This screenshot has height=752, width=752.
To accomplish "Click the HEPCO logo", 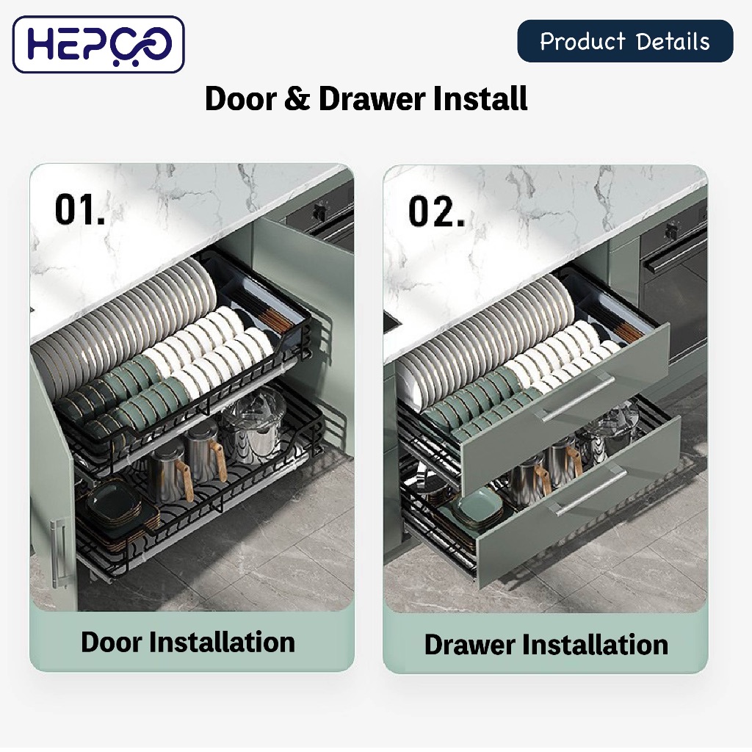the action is pos(98,44).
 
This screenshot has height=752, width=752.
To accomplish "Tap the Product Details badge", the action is pos(625,41).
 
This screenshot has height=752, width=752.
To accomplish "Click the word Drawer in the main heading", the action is pos(372,99).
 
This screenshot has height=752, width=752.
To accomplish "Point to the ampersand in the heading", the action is pos(297,99).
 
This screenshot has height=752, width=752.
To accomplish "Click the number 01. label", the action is pos(79,209).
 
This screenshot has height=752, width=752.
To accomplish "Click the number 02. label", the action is pos(436,211).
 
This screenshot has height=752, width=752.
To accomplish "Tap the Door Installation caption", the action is pos(187,642).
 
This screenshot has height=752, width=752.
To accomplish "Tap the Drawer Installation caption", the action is pos(546,644).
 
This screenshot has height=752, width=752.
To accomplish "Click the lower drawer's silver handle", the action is pos(590,492).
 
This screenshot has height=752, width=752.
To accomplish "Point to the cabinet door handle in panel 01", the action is pos(59,553).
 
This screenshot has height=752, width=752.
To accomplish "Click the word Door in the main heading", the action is pos(241,99).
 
